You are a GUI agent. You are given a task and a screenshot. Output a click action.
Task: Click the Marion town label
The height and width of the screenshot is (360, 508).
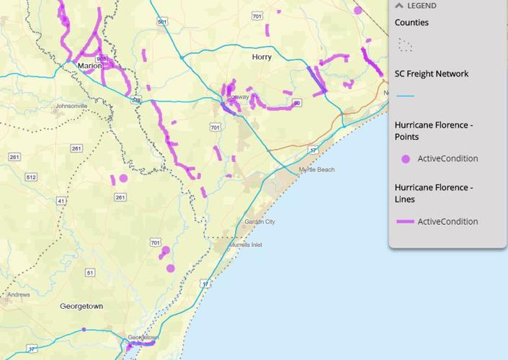click(90, 66)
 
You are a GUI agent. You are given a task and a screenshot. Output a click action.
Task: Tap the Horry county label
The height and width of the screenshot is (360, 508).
click(262, 57)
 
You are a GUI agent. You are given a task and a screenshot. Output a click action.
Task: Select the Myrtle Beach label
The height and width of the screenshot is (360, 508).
click(316, 170)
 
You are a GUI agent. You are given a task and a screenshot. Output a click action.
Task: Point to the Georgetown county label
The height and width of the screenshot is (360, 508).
click(81, 306)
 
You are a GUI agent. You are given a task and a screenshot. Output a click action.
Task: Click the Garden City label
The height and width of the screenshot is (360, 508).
click(259, 222)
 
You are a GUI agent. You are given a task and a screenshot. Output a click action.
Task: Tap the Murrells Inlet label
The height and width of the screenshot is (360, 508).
click(246, 245)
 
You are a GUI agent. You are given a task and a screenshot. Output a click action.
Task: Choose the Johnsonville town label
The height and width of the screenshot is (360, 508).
click(71, 106)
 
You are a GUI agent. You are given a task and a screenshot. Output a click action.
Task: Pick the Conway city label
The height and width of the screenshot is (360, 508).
click(238, 96)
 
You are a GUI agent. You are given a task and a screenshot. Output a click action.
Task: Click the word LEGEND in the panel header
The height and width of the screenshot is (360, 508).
click(422, 6)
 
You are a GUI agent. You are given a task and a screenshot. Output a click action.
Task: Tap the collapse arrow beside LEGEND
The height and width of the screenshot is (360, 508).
click(398, 6)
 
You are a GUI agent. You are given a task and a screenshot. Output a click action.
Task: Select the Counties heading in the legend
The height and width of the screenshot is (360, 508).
click(411, 22)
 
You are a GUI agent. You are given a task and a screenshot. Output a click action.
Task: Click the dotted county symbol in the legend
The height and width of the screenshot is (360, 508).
click(405, 45)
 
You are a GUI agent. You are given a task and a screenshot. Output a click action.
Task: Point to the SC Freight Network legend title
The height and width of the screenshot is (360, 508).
click(432, 73)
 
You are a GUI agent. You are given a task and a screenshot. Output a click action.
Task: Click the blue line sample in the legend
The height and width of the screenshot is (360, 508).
click(405, 96)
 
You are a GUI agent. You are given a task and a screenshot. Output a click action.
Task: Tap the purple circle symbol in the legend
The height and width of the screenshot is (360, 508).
click(406, 158)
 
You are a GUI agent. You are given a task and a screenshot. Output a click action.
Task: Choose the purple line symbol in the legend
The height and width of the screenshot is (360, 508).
click(405, 222)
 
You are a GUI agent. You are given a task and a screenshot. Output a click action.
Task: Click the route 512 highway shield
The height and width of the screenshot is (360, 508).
click(31, 177)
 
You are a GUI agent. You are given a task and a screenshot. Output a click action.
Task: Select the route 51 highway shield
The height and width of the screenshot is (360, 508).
click(89, 272)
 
